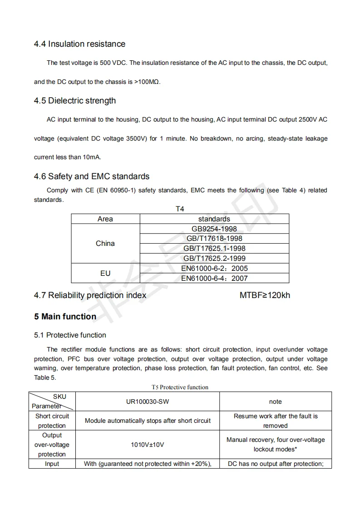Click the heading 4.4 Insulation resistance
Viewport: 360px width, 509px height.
(79, 44)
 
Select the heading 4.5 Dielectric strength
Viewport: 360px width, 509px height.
(75, 101)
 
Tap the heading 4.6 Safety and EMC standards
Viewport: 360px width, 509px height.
(92, 176)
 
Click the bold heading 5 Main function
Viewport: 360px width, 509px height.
(65, 317)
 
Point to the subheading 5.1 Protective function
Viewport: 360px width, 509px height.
(70, 335)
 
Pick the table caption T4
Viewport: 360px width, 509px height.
(180, 209)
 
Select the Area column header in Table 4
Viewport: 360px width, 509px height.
(105, 219)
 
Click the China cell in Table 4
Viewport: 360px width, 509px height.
(105, 244)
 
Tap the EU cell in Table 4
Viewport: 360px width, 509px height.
(105, 273)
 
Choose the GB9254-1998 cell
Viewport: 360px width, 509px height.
(214, 229)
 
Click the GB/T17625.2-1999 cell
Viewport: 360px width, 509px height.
(214, 258)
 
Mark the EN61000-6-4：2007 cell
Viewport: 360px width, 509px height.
(214, 278)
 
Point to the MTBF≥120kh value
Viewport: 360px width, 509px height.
(265, 295)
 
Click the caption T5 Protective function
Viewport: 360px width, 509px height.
(180, 387)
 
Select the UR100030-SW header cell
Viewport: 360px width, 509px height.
(148, 401)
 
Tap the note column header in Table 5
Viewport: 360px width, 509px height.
(275, 401)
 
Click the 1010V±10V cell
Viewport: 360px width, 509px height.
(148, 445)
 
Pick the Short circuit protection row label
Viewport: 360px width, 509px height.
(52, 421)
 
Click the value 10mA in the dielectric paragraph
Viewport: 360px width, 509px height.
(92, 157)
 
